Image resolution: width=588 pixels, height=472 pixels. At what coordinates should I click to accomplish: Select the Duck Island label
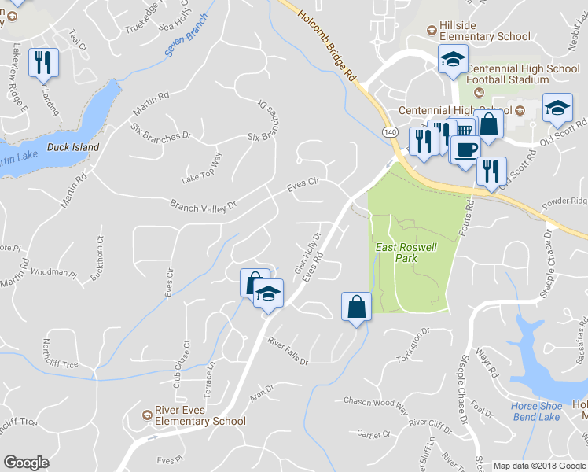pos(74,147)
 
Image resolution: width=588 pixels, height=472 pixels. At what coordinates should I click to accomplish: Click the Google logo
pos(26,463)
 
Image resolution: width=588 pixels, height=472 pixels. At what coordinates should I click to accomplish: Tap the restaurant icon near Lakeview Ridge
pos(43,63)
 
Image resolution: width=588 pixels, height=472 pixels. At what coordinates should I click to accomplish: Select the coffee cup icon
pos(465,149)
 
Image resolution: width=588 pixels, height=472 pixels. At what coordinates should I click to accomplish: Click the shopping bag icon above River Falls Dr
pos(357,306)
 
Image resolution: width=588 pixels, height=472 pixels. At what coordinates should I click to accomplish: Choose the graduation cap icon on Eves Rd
pos(269,293)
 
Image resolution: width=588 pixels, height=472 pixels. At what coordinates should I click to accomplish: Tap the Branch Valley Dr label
pos(203,206)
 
